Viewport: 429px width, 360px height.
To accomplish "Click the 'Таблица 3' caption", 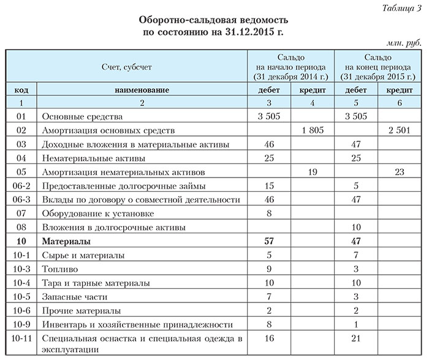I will pos(402,7).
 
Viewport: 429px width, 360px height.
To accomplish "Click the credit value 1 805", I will pos(313,130).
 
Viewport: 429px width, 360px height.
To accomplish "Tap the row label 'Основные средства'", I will pos(82,116).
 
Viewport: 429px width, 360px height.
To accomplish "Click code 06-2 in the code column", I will pos(21,186).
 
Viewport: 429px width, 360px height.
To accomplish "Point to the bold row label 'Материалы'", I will pos(66,241).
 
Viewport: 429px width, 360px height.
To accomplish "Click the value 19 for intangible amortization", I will pos(313,172).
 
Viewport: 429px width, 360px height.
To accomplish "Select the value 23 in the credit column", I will pos(399,172).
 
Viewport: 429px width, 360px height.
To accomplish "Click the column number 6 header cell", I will pos(399,103).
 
